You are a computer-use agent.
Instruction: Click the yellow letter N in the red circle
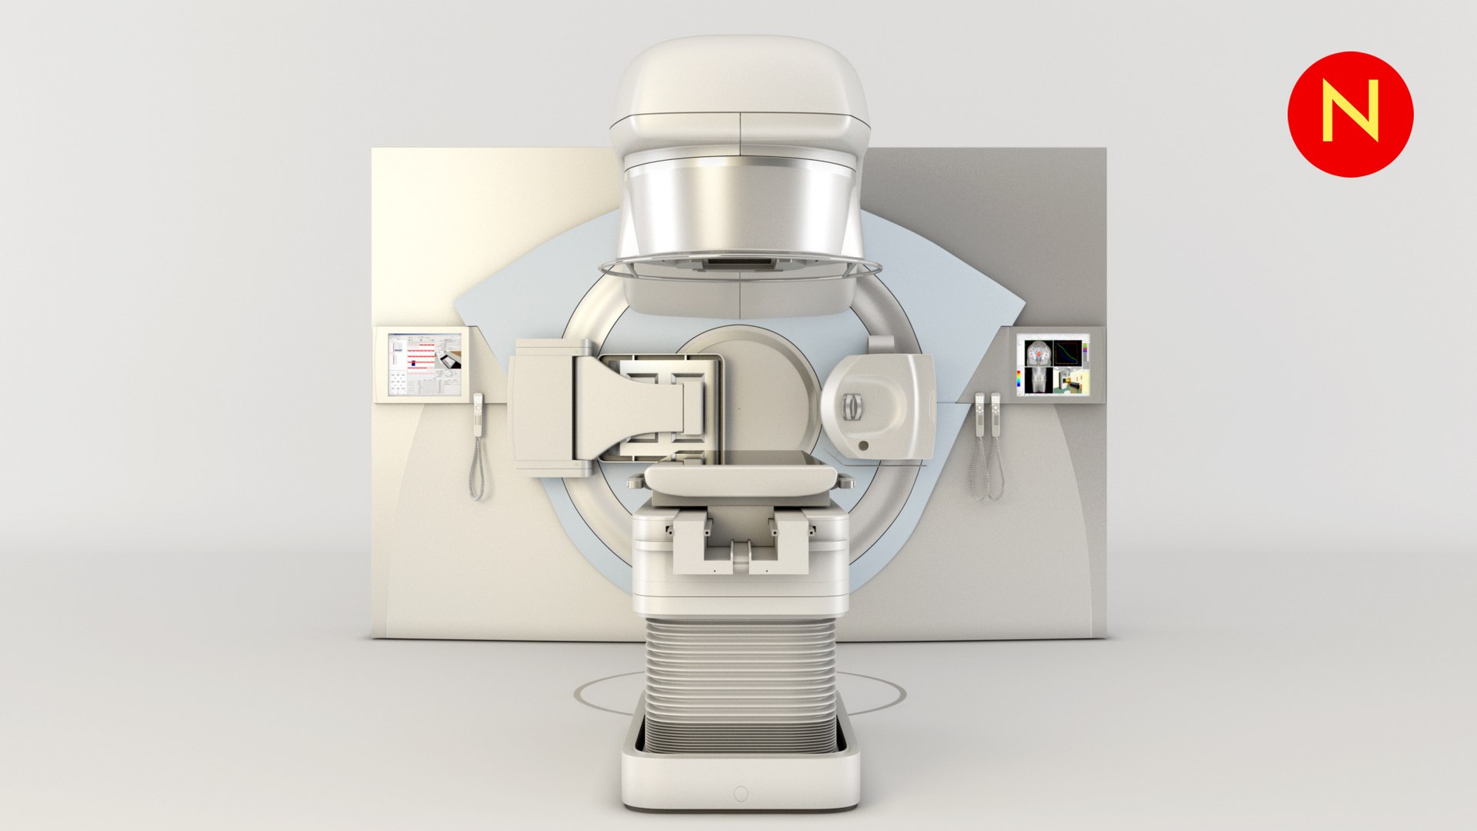tap(1350, 114)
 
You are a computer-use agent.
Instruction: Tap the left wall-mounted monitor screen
tap(425, 365)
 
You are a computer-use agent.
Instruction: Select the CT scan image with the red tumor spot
tap(1039, 353)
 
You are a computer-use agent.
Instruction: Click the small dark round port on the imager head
tap(863, 446)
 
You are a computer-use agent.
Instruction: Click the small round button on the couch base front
tap(741, 793)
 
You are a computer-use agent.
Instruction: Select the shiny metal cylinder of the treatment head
tap(740, 208)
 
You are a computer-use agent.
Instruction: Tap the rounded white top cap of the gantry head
tap(738, 77)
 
